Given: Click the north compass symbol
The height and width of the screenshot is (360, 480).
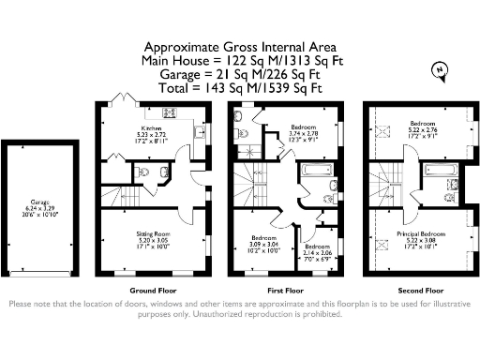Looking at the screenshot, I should coord(438,68).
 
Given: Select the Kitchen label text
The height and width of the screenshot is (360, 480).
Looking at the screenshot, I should coord(153,127).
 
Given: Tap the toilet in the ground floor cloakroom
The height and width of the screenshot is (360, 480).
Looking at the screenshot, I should coord(141,172).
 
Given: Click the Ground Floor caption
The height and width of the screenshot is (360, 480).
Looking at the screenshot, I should coord(153,291).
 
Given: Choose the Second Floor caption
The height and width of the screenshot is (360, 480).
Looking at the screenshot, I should coord(413,291).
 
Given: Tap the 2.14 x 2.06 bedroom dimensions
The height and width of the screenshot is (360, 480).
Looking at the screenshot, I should coord(319,253).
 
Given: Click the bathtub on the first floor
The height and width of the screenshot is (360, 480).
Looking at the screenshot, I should coord(314,172).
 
